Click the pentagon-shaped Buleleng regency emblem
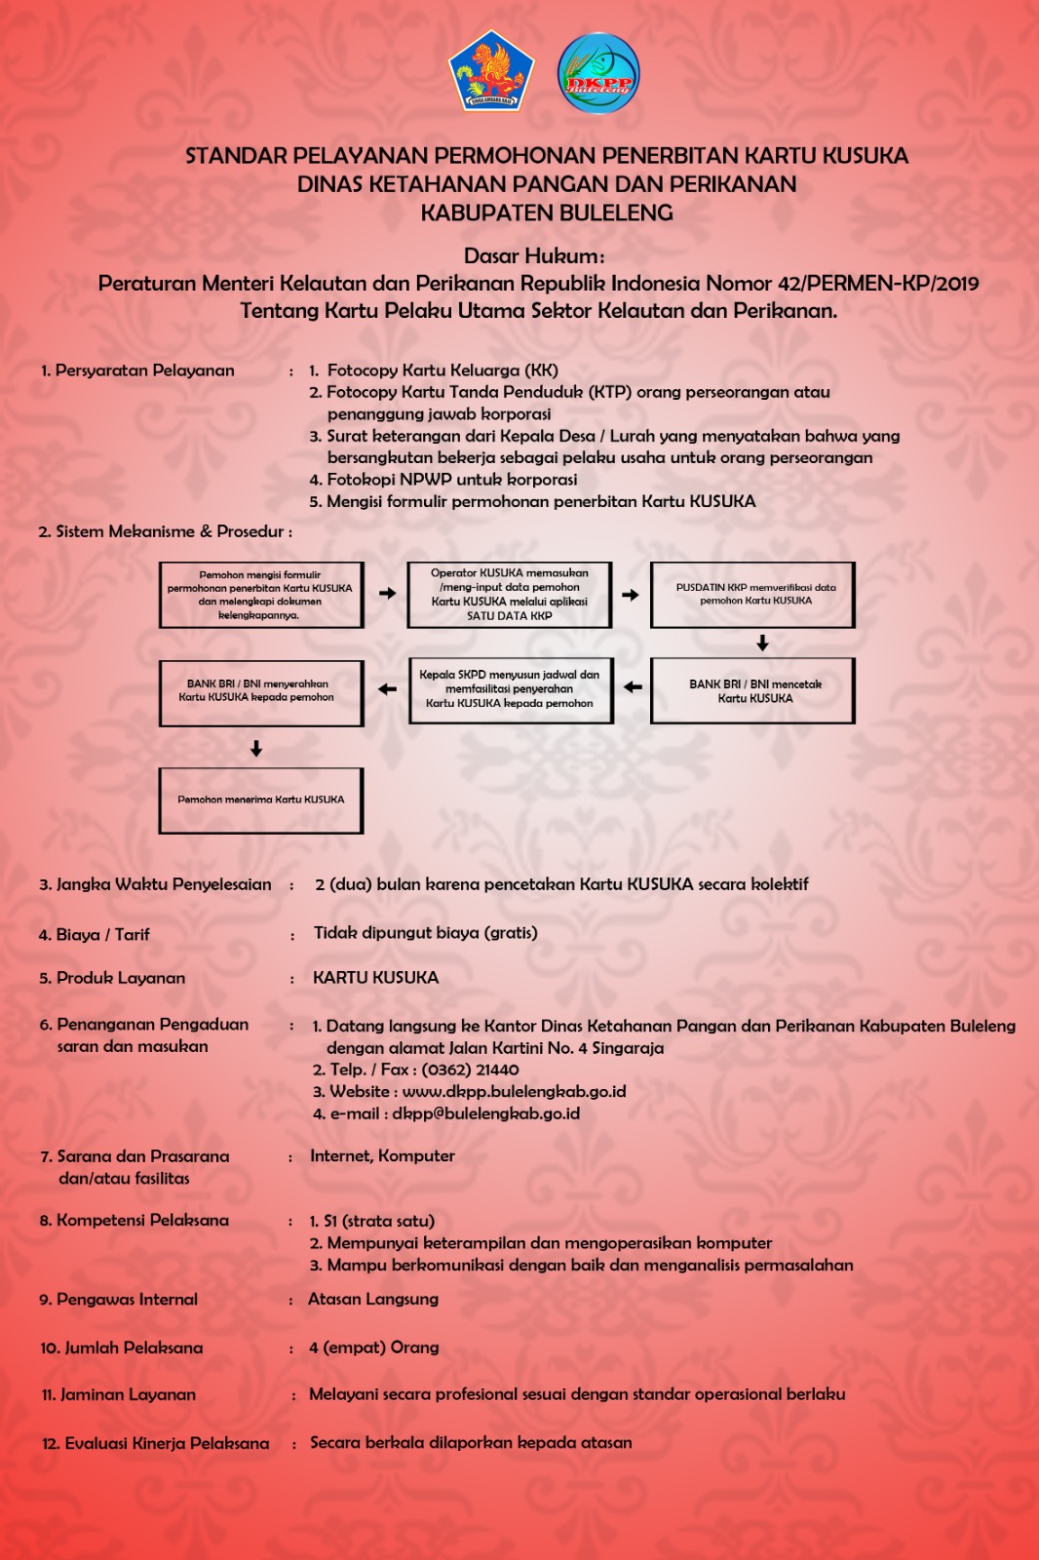click(491, 72)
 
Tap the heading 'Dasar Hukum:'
click(534, 256)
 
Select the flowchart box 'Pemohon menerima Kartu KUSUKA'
click(261, 800)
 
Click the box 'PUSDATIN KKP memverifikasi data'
click(753, 595)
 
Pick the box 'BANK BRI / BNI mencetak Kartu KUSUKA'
click(753, 691)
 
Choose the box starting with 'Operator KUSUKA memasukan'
click(510, 595)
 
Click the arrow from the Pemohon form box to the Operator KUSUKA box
click(388, 593)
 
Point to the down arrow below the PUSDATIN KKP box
click(762, 643)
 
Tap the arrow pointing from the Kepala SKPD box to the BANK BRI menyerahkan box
click(388, 689)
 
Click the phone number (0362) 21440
click(470, 1070)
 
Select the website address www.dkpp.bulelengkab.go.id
click(514, 1092)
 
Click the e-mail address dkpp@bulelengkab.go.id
click(485, 1113)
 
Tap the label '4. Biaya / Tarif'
click(95, 935)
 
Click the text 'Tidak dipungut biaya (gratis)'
click(426, 933)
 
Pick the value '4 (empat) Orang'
click(374, 1347)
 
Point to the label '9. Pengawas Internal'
click(119, 1300)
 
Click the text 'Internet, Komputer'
click(382, 1156)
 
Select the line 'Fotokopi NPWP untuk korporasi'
click(451, 480)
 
